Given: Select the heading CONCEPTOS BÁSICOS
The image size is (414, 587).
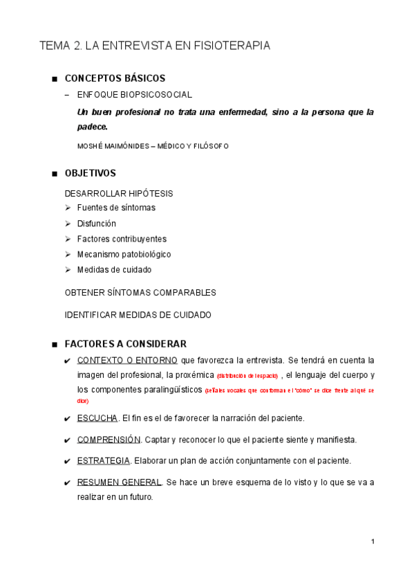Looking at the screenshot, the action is (115, 78).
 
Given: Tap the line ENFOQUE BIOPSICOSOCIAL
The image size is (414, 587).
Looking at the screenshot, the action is (135, 95).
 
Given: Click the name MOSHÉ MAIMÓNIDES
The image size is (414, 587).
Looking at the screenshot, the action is (113, 146).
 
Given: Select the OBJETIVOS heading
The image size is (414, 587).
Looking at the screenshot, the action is (90, 173).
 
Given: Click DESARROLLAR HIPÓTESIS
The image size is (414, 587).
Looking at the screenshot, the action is (119, 194).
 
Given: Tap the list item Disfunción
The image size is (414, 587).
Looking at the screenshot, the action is (97, 224).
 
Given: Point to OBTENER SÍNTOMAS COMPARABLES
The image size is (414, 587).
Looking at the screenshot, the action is (140, 293).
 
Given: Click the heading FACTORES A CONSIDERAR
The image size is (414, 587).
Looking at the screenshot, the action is (125, 344).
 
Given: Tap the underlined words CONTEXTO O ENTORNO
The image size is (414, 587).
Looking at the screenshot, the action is (127, 361).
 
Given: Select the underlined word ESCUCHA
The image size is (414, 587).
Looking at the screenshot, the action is (97, 418).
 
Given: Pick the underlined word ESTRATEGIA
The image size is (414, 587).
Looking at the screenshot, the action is (104, 460).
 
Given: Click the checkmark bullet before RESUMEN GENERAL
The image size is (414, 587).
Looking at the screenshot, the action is (66, 482).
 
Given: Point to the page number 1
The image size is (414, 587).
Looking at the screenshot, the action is (373, 541).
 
